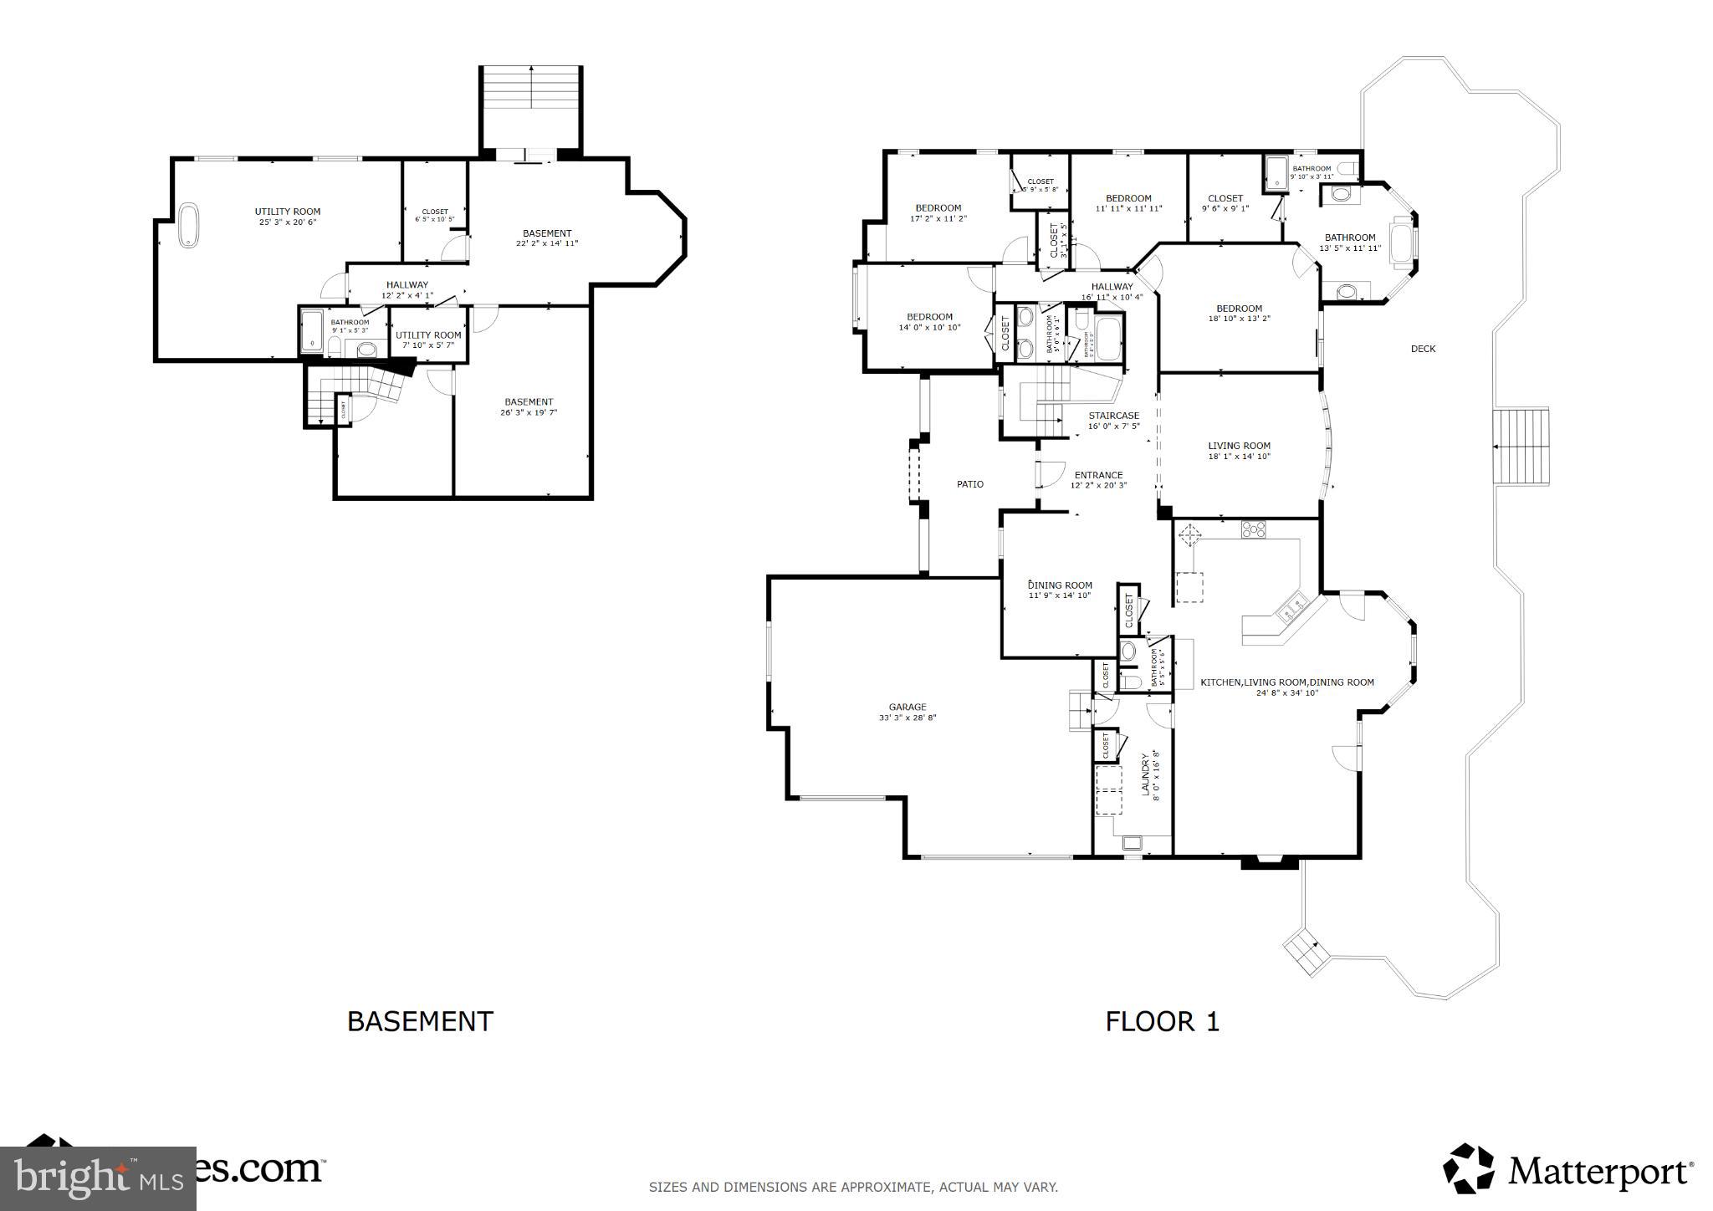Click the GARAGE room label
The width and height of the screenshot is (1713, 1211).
[907, 708]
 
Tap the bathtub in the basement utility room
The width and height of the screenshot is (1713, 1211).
[189, 225]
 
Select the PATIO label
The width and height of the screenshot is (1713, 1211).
[969, 484]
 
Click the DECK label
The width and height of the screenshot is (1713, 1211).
[1422, 349]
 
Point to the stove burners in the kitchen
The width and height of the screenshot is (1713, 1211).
[1253, 529]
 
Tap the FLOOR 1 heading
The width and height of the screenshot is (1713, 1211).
[1162, 1021]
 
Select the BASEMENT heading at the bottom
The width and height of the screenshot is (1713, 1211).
[420, 1021]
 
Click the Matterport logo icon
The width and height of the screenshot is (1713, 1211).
[1469, 1168]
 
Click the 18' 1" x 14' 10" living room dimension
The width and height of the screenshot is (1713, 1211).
[1239, 457]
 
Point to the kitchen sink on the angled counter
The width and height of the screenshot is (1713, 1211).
[1289, 609]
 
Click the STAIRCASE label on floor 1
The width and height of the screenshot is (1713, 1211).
[1113, 416]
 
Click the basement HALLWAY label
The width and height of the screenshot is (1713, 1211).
[407, 285]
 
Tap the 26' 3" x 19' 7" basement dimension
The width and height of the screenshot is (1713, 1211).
[528, 412]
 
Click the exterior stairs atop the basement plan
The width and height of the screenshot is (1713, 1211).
[530, 106]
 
